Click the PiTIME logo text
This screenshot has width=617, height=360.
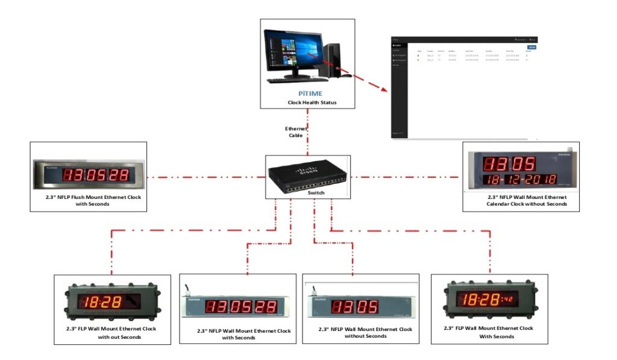(x=307, y=93)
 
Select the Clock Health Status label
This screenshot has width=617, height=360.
(x=307, y=103)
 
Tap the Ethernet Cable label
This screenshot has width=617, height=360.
(x=296, y=132)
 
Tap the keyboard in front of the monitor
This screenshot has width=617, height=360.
(x=293, y=80)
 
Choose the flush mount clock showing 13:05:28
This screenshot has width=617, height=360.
(x=89, y=175)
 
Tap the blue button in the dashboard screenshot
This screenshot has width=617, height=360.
(x=531, y=47)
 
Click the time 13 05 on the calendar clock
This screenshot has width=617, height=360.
(x=510, y=163)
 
